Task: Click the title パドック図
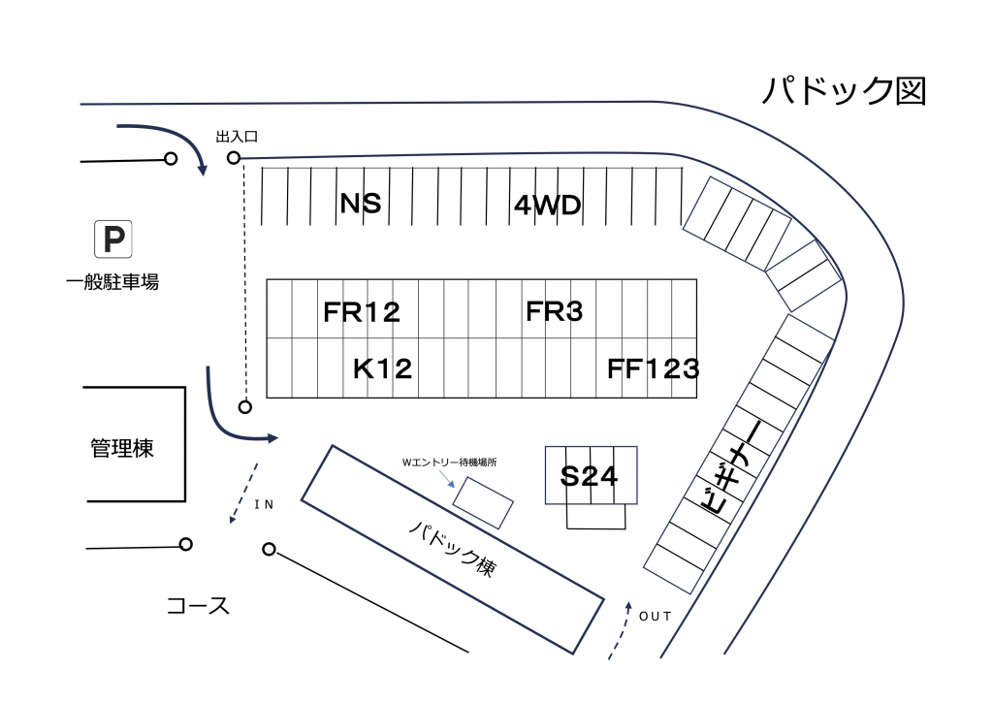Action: (844, 90)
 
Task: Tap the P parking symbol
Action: (112, 239)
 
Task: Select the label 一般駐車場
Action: (112, 283)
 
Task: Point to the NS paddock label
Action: (360, 205)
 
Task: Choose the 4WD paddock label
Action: (547, 206)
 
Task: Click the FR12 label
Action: (361, 312)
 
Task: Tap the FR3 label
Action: (554, 311)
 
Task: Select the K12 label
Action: (382, 368)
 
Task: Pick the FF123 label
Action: (653, 368)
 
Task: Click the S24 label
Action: (589, 476)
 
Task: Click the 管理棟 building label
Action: (122, 449)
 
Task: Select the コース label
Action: (198, 606)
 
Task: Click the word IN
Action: (264, 505)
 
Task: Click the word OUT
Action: (655, 616)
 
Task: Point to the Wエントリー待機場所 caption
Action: (449, 463)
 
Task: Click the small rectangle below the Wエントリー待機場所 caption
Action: (483, 502)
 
